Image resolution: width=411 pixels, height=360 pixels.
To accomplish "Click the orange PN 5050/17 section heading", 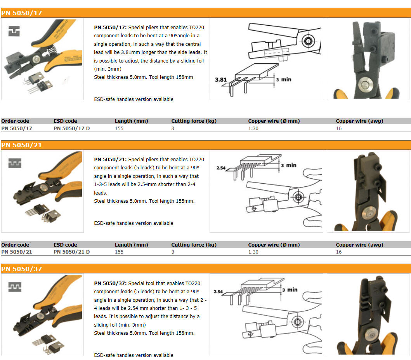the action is pos(21,13).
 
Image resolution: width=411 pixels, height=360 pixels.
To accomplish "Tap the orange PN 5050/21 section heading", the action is pos(21,145).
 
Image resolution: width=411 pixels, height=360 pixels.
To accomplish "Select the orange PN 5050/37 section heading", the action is pos(21,269).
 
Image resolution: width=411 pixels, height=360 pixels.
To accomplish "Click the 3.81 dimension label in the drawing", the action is pos(221,80).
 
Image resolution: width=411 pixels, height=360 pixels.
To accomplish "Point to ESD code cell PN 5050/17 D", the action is pos(71,128).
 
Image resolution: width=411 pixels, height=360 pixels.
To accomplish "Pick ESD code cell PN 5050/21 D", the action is pos(71,252).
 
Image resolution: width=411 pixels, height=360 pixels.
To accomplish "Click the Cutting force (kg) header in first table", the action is pos(194,121).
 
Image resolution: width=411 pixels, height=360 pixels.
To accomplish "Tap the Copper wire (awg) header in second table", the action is pos(359,245).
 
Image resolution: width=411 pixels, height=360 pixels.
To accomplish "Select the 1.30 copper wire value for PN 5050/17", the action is pos(253,128).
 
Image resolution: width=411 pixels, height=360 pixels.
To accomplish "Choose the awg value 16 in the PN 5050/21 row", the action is pos(339,252).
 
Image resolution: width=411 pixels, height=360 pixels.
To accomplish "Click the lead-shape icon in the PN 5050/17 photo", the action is pos(14,31).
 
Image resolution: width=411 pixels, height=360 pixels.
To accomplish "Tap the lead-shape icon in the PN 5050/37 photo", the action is pos(15,287).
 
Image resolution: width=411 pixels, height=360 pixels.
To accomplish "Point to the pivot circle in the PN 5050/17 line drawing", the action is pos(308,41).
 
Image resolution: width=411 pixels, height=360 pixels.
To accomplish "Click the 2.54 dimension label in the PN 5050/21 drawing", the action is pos(221,168).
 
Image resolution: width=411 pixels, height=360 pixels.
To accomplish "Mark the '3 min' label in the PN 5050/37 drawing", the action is pos(290,290).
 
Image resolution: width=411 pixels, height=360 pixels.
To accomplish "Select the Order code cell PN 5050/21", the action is pos(17,252).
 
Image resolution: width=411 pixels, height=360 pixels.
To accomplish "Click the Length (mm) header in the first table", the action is pos(131,121).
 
